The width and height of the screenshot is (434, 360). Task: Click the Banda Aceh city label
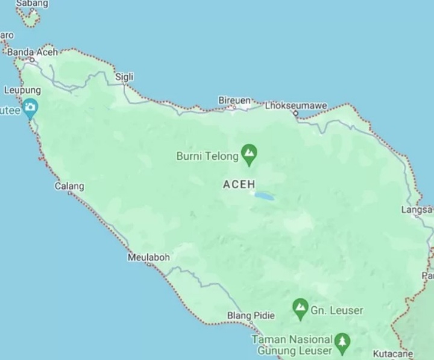[33, 52]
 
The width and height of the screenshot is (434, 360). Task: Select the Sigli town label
[125, 77]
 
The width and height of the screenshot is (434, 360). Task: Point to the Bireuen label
[234, 99]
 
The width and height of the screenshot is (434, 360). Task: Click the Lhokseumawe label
[296, 106]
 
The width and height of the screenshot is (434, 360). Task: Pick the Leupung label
[22, 90]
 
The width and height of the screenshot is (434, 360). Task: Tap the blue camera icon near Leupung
[30, 109]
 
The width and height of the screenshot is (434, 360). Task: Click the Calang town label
[69, 186]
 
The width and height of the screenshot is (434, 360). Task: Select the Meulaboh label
[148, 257]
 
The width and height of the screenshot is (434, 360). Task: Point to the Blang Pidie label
[251, 316]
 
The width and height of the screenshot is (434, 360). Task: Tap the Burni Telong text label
[207, 157]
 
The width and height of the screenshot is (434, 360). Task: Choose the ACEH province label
[239, 185]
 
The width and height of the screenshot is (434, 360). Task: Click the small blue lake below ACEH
[263, 196]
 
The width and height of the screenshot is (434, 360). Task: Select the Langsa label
[417, 210]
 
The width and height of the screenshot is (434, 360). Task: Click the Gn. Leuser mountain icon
[300, 308]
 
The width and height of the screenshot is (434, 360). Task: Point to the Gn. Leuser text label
[337, 311]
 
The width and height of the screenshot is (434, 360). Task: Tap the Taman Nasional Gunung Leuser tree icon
[342, 343]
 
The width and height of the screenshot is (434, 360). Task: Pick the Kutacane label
[392, 353]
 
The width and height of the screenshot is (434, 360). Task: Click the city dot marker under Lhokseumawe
[295, 113]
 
